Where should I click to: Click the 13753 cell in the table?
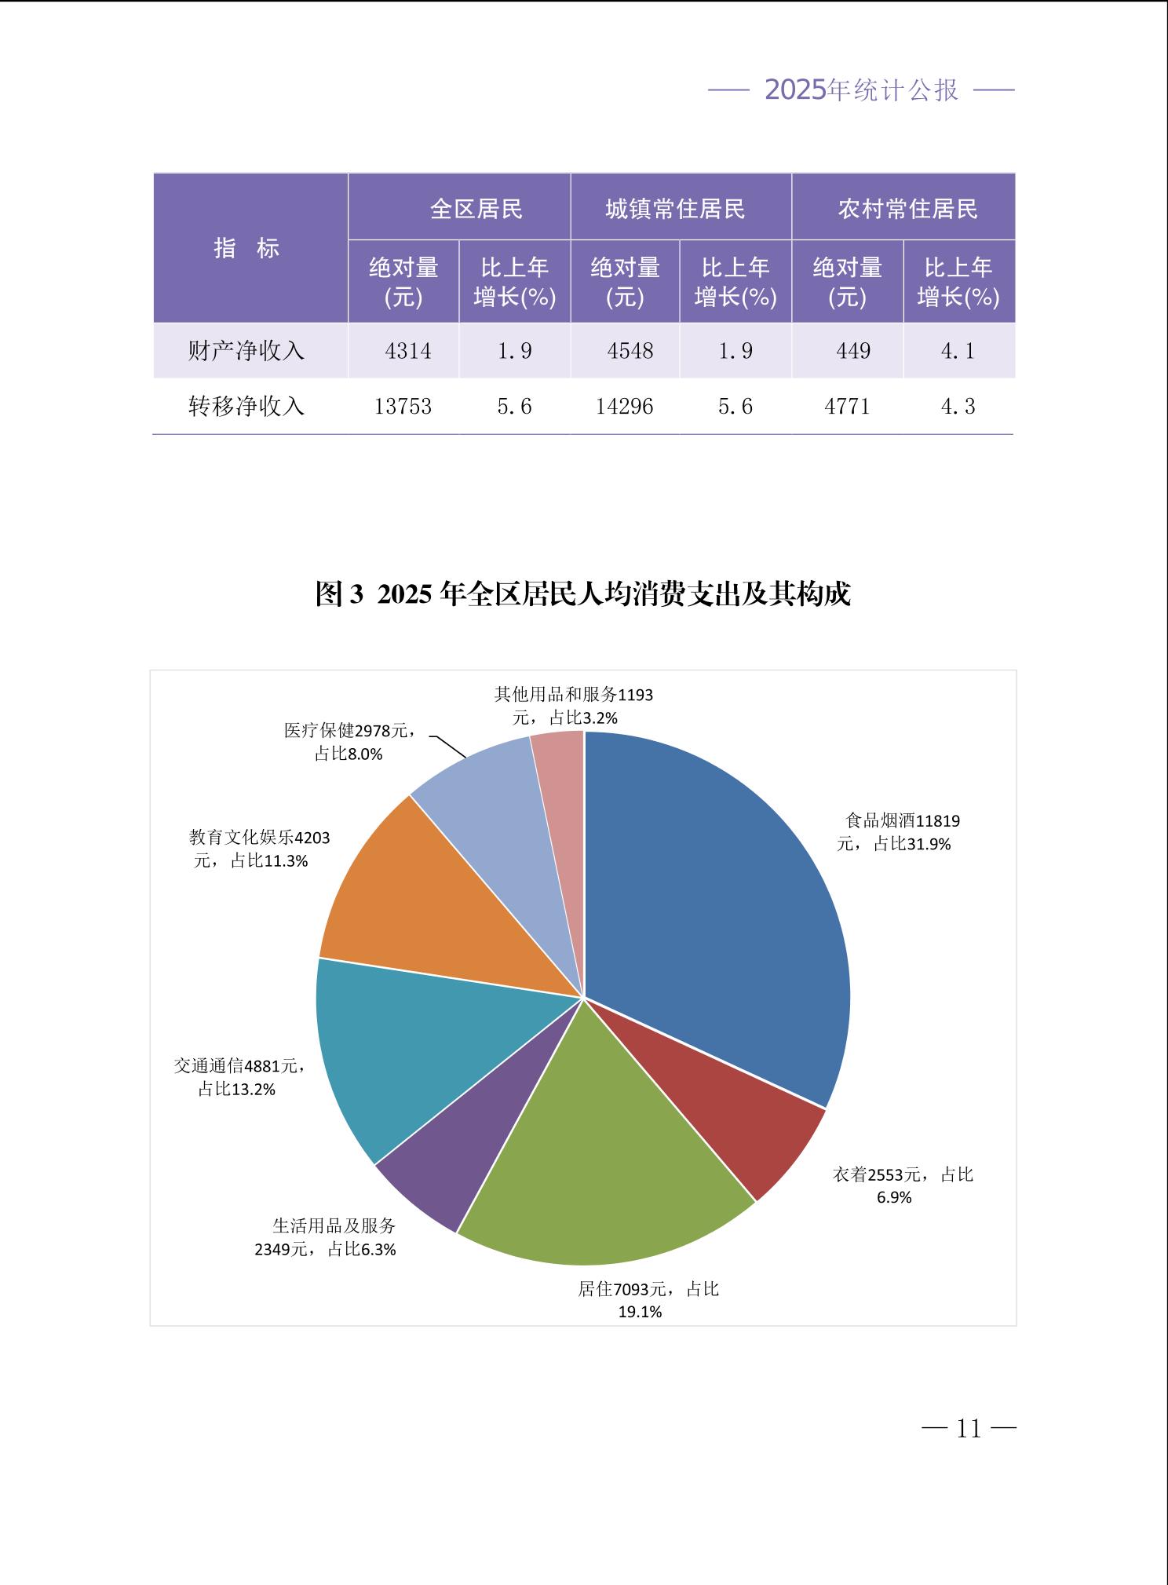click(403, 407)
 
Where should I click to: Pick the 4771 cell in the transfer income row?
click(847, 407)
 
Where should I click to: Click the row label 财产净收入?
click(246, 351)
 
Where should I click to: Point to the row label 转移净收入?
click(246, 407)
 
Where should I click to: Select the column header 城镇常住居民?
click(675, 209)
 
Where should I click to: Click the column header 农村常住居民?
click(907, 209)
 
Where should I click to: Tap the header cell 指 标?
click(247, 248)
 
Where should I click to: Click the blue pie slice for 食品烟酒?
click(722, 903)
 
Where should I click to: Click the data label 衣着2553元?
click(902, 1185)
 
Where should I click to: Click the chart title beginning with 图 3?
click(582, 594)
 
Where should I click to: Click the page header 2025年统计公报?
click(861, 90)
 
